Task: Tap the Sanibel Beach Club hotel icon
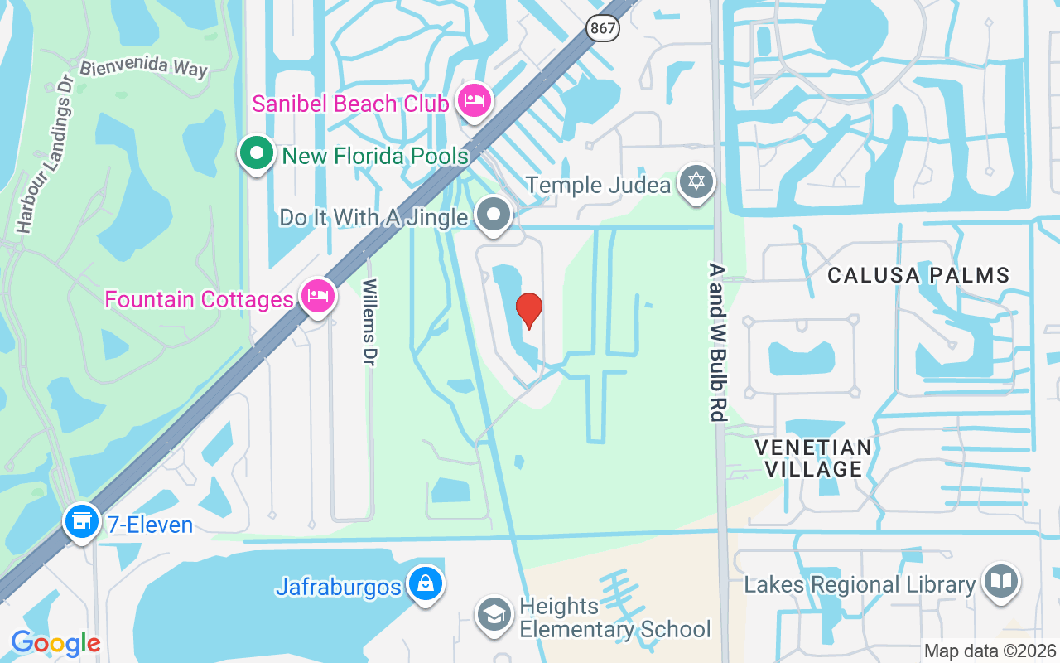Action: (x=474, y=102)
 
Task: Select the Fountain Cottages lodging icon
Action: (x=317, y=296)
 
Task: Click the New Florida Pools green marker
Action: (x=257, y=154)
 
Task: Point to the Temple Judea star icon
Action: (x=696, y=182)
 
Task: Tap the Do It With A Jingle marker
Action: (x=494, y=215)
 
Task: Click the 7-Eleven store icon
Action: (x=82, y=521)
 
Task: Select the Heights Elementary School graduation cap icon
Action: (x=494, y=615)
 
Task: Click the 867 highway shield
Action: (x=603, y=28)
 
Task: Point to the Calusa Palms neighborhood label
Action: (x=918, y=275)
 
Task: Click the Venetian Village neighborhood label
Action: (x=813, y=458)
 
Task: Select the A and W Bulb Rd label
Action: (x=717, y=342)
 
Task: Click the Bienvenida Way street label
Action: (x=143, y=66)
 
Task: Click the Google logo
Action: (x=55, y=642)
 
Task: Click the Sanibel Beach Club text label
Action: (x=351, y=104)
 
